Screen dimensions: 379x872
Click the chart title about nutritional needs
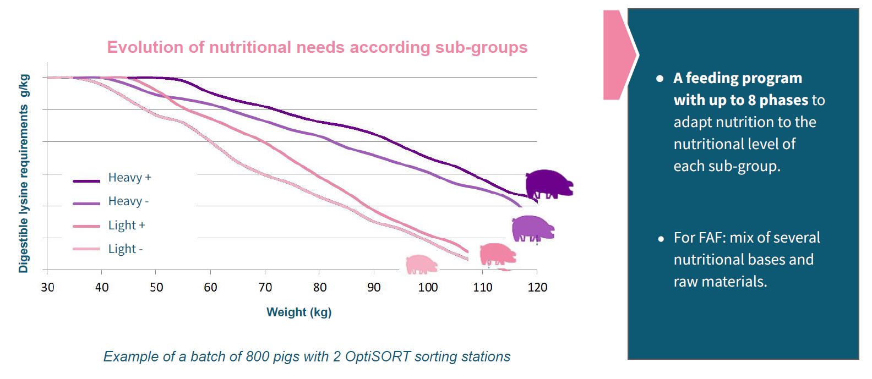[317, 47]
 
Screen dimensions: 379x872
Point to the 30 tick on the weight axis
[47, 287]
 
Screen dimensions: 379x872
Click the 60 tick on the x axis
[210, 287]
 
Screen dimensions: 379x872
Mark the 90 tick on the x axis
[374, 287]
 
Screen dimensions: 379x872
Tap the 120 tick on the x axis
[537, 287]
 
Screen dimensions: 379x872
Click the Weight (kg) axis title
[299, 312]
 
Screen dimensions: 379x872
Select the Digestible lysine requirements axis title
[23, 174]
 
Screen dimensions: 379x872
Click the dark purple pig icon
[548, 184]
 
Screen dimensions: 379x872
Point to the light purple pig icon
[532, 228]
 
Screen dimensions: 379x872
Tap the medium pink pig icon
[497, 254]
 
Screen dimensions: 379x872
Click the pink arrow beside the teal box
[618, 55]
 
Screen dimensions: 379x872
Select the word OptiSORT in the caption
[378, 356]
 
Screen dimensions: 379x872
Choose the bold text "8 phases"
[778, 100]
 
